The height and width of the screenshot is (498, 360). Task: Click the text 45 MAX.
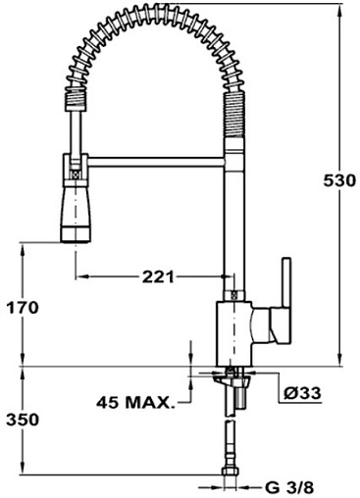[134, 402]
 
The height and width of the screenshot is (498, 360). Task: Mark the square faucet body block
[233, 334]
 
